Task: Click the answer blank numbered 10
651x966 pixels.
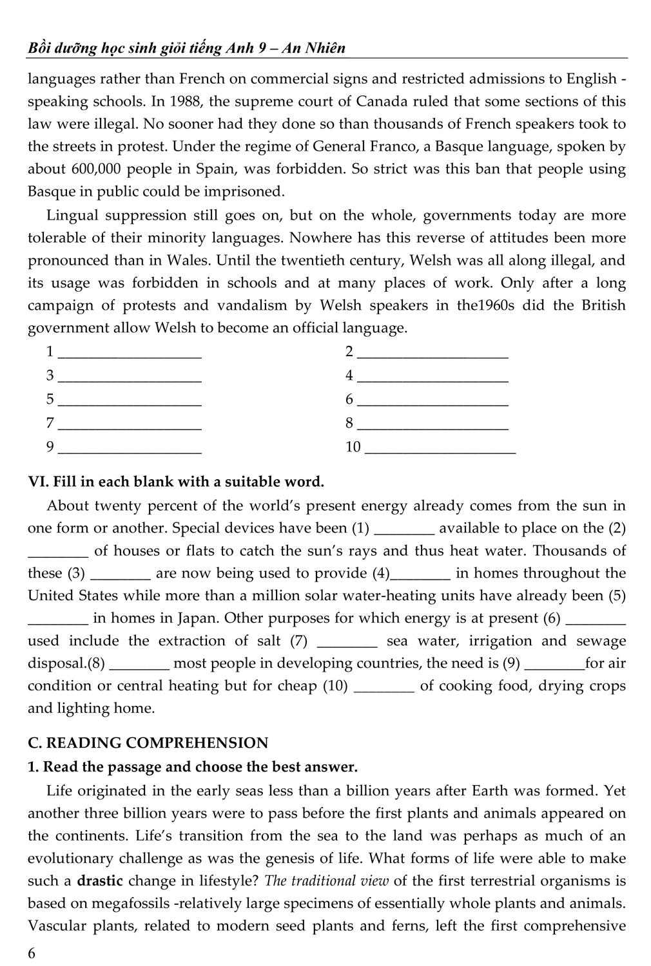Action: coord(440,448)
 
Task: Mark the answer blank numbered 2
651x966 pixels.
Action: coord(432,352)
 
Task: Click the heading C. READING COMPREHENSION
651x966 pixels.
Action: coord(148,743)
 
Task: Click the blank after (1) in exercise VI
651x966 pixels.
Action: coord(404,529)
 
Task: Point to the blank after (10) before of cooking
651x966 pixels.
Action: coord(385,687)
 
